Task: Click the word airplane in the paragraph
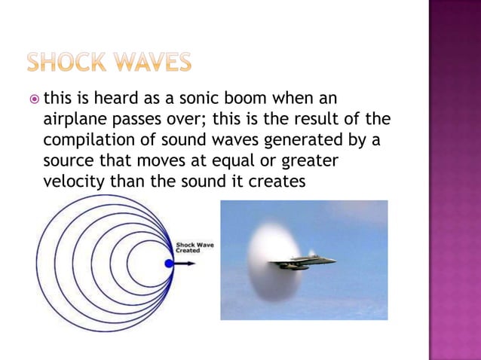click(x=73, y=120)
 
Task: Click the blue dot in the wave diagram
click(x=169, y=264)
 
